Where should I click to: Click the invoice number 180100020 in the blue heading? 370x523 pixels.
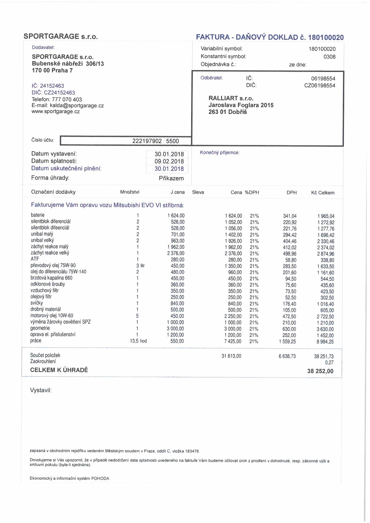tap(326, 38)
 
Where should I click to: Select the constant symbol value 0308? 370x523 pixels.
tap(329, 57)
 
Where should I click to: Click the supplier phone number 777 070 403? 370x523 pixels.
tap(67, 99)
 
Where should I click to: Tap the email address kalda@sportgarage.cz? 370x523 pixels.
tap(77, 106)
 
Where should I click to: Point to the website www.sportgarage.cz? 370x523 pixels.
tap(56, 112)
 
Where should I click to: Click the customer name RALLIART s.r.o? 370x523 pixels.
tap(231, 98)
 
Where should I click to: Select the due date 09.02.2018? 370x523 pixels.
tap(169, 161)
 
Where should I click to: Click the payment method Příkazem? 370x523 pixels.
tap(171, 179)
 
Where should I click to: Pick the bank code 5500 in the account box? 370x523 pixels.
tap(172, 141)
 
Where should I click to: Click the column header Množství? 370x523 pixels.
tap(130, 192)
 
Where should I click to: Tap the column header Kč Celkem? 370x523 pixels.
tap(323, 193)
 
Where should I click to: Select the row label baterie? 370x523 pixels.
tap(38, 215)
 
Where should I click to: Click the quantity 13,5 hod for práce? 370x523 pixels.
tap(138, 341)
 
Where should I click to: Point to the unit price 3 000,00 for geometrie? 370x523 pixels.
tap(175, 329)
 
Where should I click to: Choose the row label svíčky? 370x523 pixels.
tap(37, 303)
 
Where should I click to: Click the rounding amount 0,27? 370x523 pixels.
tap(329, 363)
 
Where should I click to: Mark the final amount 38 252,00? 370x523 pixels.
tap(320, 371)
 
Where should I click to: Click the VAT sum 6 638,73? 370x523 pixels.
tap(287, 356)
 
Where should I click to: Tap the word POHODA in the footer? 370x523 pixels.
tap(100, 479)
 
